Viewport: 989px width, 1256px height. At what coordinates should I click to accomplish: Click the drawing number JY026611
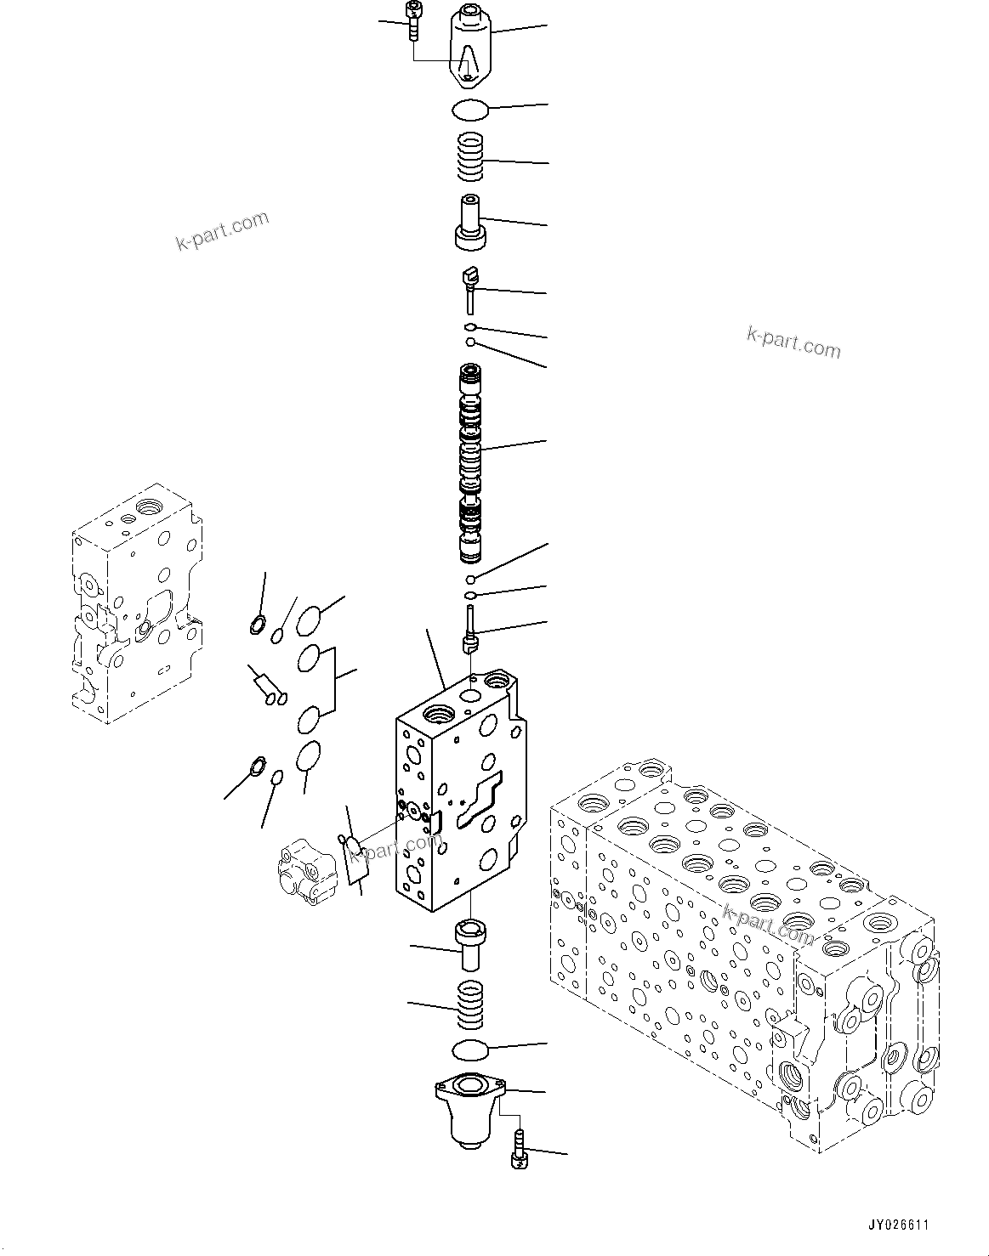point(899,1225)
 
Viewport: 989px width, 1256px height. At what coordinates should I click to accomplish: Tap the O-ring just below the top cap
point(469,110)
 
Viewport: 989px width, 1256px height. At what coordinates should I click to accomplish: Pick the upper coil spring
point(470,158)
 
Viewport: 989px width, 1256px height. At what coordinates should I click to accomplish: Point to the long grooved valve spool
point(470,463)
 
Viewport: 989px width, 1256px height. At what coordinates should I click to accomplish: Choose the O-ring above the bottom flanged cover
point(470,1051)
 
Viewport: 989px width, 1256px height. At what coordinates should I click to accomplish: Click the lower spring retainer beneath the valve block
point(470,944)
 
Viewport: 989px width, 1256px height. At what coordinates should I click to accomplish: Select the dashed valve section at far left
point(136,603)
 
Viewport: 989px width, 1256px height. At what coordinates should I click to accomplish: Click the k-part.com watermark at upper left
point(222,231)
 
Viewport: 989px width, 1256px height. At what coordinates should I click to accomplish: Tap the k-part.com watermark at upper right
point(793,342)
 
